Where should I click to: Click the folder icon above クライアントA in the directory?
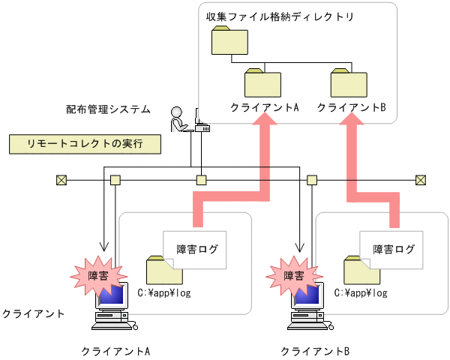262,82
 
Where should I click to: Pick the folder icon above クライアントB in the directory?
349,82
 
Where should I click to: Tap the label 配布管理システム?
108,109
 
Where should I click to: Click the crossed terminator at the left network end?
61,180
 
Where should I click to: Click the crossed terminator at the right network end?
421,180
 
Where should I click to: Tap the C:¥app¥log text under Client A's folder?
166,293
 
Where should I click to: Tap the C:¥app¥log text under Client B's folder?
363,293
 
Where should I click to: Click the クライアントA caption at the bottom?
115,350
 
